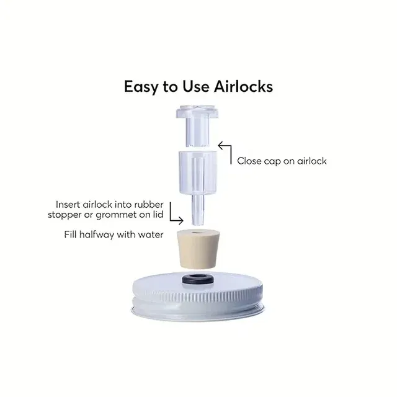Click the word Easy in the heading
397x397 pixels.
140,87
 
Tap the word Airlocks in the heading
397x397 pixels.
243,87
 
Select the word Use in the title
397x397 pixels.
196,87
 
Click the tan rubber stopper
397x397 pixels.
197,249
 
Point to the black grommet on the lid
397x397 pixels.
197,279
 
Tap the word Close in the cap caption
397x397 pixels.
249,161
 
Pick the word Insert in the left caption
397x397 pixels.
68,204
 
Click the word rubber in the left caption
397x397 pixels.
149,204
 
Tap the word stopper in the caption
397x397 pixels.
65,215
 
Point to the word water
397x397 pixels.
151,234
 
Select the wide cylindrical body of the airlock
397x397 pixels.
198,172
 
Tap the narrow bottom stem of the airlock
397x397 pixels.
197,210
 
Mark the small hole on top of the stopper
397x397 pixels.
195,232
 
